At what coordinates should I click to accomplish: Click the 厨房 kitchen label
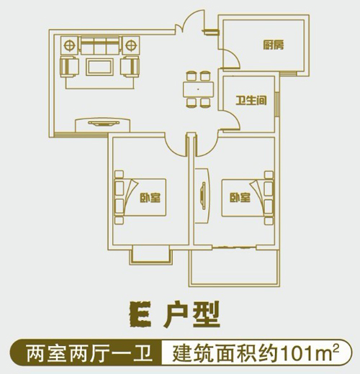click(x=274, y=45)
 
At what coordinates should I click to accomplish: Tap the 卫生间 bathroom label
click(x=251, y=101)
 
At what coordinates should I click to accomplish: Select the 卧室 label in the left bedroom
click(x=150, y=198)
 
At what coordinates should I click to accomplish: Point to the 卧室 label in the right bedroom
click(x=240, y=198)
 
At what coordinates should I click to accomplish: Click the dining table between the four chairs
click(x=198, y=89)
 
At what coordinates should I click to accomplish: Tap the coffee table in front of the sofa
click(x=99, y=68)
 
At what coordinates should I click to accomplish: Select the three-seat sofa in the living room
click(x=99, y=45)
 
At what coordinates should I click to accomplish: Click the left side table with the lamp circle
click(x=70, y=45)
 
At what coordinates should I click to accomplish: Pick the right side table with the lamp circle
click(x=130, y=45)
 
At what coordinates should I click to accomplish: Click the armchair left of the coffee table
click(x=70, y=66)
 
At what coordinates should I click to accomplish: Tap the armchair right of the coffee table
click(x=130, y=66)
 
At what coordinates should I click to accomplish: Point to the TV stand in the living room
click(x=103, y=124)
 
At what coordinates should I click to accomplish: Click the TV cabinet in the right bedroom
click(x=202, y=196)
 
